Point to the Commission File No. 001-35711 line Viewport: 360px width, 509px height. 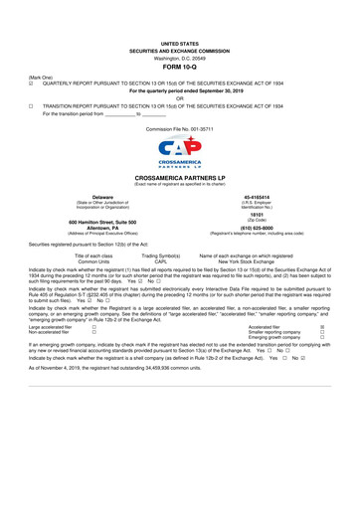(179, 129)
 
